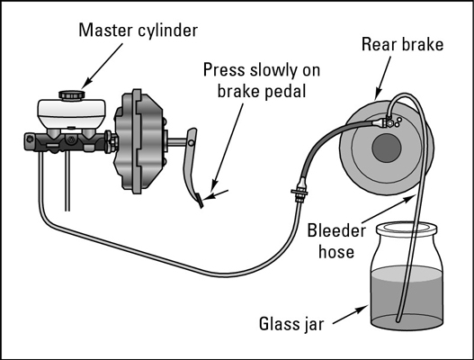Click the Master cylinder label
[138, 31]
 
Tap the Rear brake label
[402, 44]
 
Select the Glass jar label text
[291, 324]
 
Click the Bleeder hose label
[336, 241]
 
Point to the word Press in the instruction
[224, 70]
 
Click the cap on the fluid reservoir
[72, 94]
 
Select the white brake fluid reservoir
[72, 113]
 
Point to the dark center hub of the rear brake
[387, 148]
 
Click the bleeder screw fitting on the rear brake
[390, 122]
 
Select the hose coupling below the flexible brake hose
[300, 192]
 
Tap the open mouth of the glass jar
[407, 228]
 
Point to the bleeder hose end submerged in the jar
[398, 319]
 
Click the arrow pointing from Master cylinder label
[103, 66]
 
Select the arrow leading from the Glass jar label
[351, 315]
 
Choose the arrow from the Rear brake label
[382, 78]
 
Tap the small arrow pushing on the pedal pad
[217, 194]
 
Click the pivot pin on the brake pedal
[191, 142]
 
